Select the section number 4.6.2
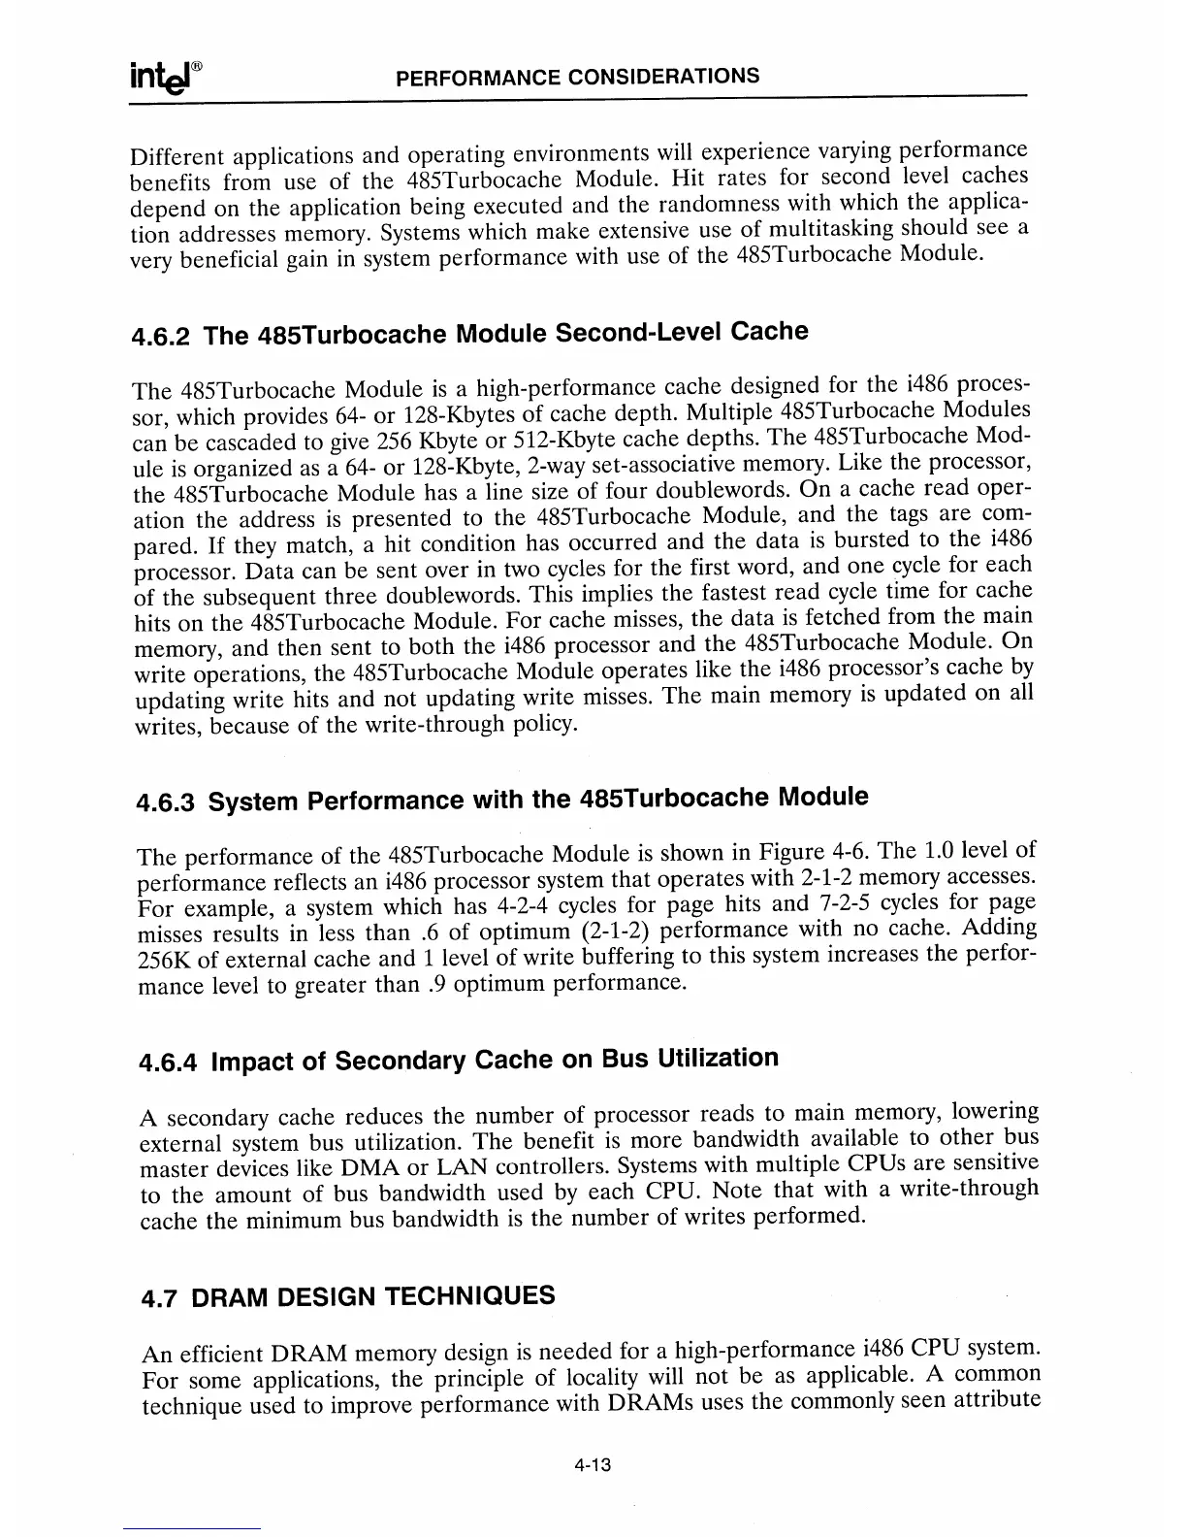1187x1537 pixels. point(162,337)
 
